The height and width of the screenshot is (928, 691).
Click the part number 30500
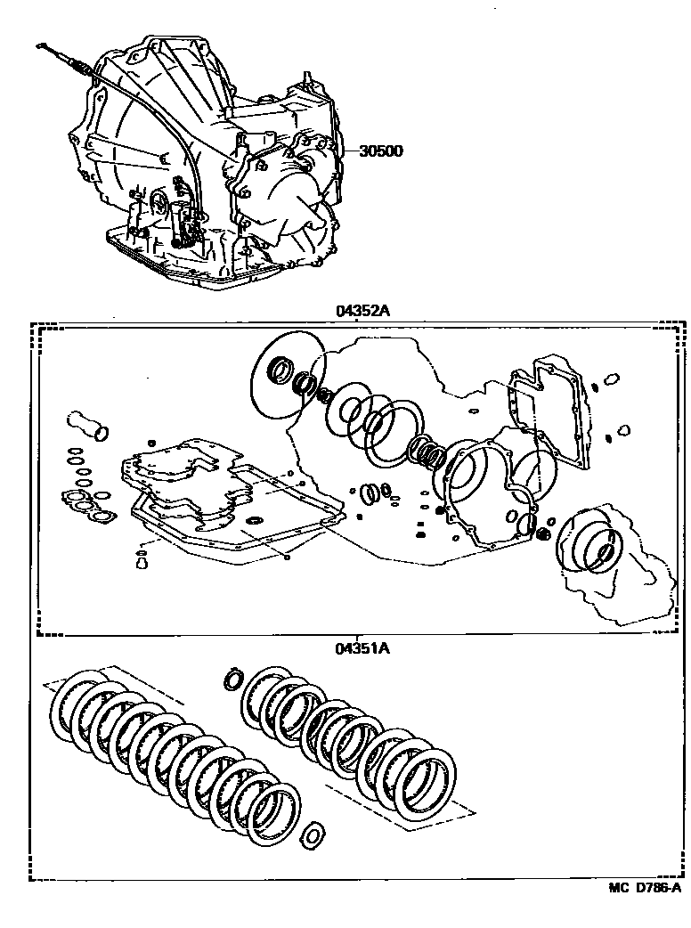pyautogui.click(x=381, y=151)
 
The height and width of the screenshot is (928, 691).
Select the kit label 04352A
pyautogui.click(x=363, y=311)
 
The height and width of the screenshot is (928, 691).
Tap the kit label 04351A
pyautogui.click(x=362, y=648)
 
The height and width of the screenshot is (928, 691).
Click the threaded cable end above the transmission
pyautogui.click(x=76, y=65)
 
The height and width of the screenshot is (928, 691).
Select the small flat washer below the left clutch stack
pyautogui.click(x=313, y=834)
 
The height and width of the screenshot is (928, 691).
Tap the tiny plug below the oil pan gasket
pyautogui.click(x=141, y=560)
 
